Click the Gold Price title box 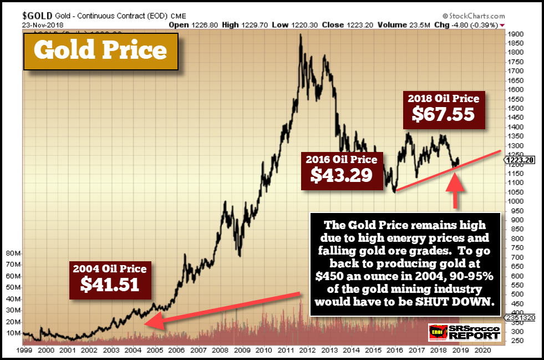click(x=100, y=51)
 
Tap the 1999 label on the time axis click(x=24, y=351)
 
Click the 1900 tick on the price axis click(x=516, y=34)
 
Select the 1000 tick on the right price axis click(x=516, y=201)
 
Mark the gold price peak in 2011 click(x=300, y=35)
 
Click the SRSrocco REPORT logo click(x=464, y=333)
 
